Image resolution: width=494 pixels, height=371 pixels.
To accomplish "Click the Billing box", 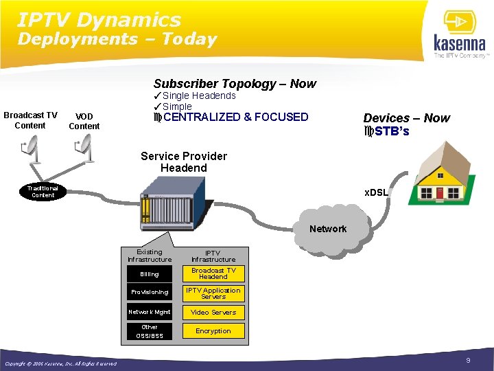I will (150, 274).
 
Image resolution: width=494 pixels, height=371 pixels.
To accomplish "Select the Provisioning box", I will (150, 292).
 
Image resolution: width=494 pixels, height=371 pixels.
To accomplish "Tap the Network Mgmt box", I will (150, 312).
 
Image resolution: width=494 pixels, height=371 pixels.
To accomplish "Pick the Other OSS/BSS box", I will (150, 331).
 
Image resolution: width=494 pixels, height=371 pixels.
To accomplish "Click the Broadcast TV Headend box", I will (213, 273).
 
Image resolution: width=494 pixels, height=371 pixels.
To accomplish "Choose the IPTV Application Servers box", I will (213, 293).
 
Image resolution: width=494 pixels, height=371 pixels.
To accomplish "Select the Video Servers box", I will (213, 312).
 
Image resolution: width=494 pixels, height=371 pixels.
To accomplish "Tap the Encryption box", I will (213, 330).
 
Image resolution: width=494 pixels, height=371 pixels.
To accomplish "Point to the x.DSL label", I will (377, 193).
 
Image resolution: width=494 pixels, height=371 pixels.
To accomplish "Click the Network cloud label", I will (328, 229).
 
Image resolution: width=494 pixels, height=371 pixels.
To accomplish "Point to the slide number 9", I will (468, 361).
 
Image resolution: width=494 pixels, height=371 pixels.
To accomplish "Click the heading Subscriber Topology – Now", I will (235, 84).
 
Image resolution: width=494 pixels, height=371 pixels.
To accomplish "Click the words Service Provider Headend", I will (183, 162).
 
